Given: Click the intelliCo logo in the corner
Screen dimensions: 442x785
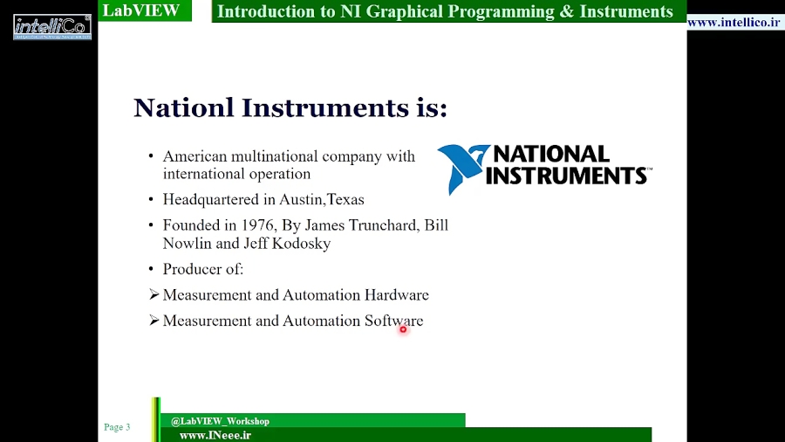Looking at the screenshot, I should click(x=52, y=26).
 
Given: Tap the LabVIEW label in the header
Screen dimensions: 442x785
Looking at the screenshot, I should click(x=140, y=11).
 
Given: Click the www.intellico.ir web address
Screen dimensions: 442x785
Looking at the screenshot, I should click(x=734, y=22).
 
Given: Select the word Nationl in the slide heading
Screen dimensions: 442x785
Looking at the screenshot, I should click(x=183, y=108).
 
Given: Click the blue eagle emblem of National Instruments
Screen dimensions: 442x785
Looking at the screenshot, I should click(x=462, y=167).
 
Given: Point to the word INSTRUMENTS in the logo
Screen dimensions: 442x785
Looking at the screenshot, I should click(x=566, y=176).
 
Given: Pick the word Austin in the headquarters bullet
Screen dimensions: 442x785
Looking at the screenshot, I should click(x=301, y=199).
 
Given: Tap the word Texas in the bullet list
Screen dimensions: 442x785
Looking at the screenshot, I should click(x=345, y=199).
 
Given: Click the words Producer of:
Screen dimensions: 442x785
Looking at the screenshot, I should click(x=203, y=269).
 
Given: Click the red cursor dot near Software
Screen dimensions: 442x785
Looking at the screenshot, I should click(x=403, y=329).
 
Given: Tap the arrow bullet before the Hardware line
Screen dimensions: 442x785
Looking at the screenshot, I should click(x=154, y=295).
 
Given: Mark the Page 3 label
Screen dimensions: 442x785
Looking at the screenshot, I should click(x=117, y=427).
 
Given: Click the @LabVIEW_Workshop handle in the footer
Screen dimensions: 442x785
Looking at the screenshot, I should click(x=220, y=421).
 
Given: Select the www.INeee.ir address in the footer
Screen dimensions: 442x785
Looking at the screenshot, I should click(x=215, y=435).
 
